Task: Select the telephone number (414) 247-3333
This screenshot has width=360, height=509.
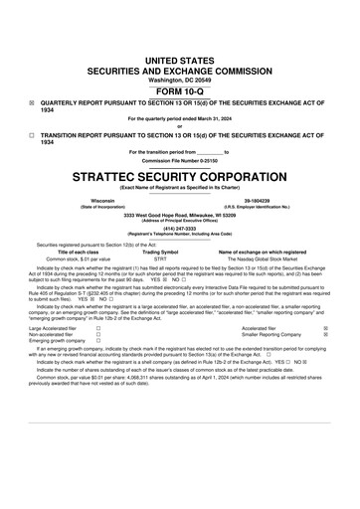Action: pos(179,228)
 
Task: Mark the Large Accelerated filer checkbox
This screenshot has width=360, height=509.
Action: pos(98,326)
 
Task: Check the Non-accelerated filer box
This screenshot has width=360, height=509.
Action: pos(98,333)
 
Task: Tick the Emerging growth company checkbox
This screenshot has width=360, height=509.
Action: pos(98,340)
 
